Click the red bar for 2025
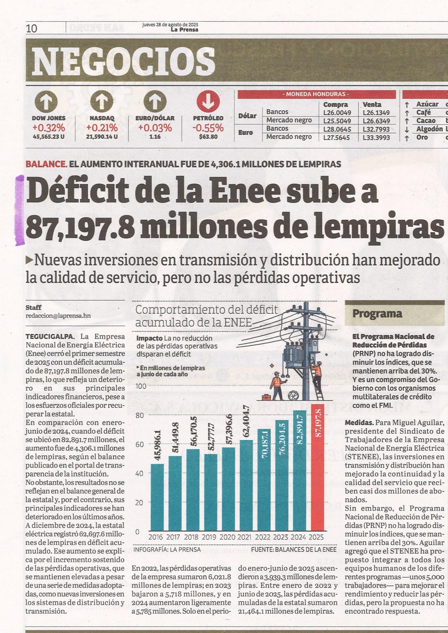(x=317, y=468)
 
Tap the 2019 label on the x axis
(x=209, y=537)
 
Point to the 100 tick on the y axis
(x=141, y=386)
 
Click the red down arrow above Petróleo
(x=208, y=102)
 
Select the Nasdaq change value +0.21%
(x=102, y=128)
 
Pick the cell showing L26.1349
(x=376, y=113)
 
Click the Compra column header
(x=336, y=104)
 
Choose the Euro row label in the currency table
(x=246, y=133)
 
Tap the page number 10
(x=31, y=29)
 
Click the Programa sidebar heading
(x=377, y=314)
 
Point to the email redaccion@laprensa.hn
(x=58, y=316)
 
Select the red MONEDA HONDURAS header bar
(x=317, y=94)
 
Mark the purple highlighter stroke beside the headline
(x=20, y=210)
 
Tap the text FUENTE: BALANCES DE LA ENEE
(x=294, y=549)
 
